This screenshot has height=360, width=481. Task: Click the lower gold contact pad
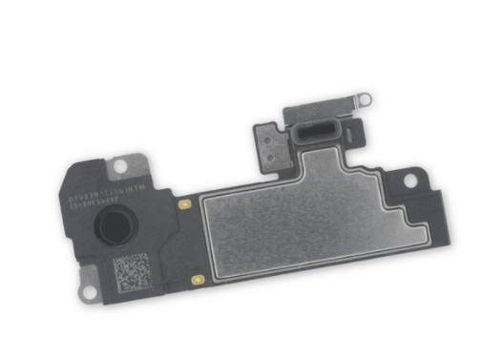pos(197,281)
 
